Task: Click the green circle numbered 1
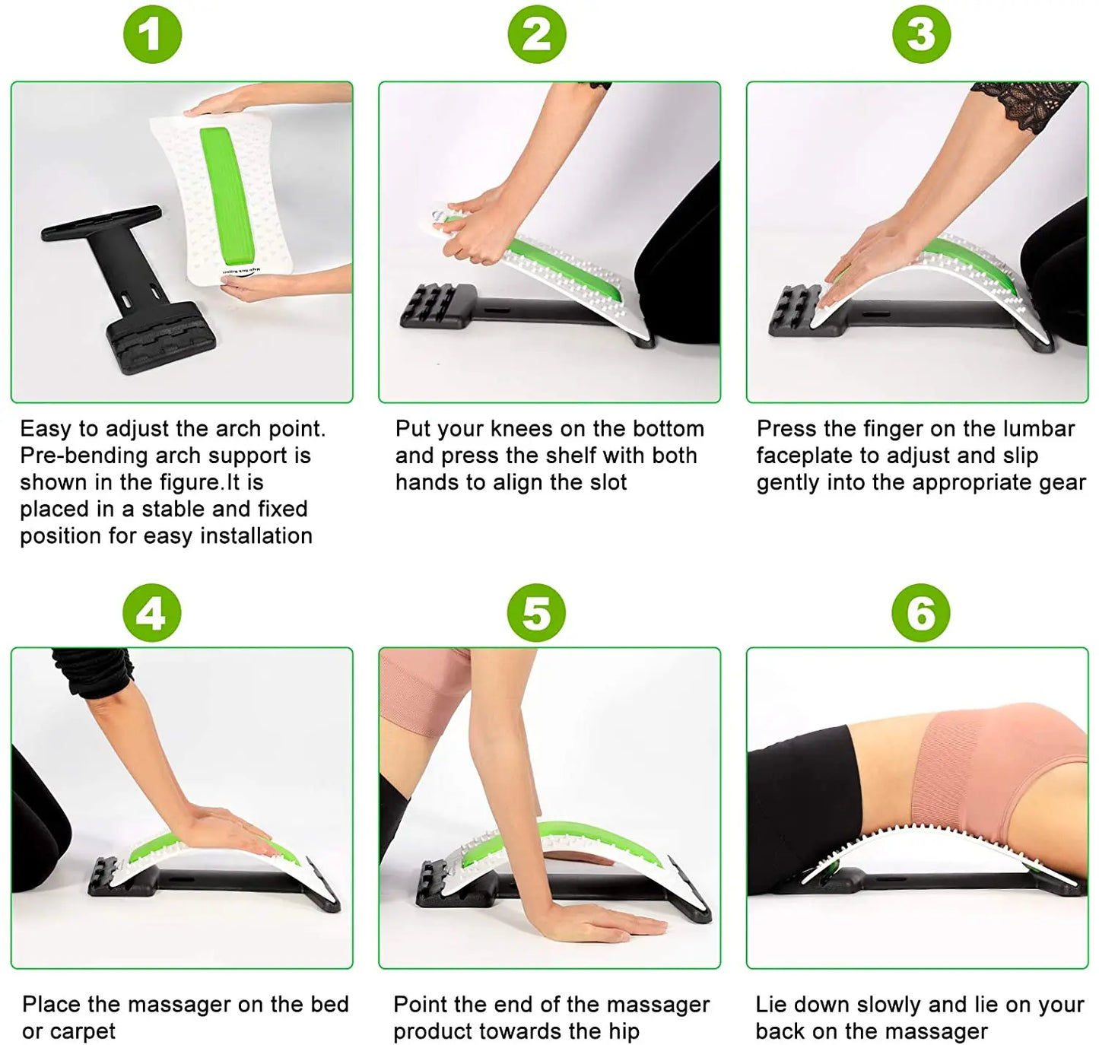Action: click(152, 34)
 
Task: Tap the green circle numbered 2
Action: click(537, 34)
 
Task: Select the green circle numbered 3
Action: click(921, 34)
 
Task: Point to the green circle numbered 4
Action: click(152, 613)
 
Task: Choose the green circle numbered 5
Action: click(537, 613)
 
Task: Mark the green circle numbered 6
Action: click(921, 613)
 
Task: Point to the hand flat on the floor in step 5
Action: click(601, 920)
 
